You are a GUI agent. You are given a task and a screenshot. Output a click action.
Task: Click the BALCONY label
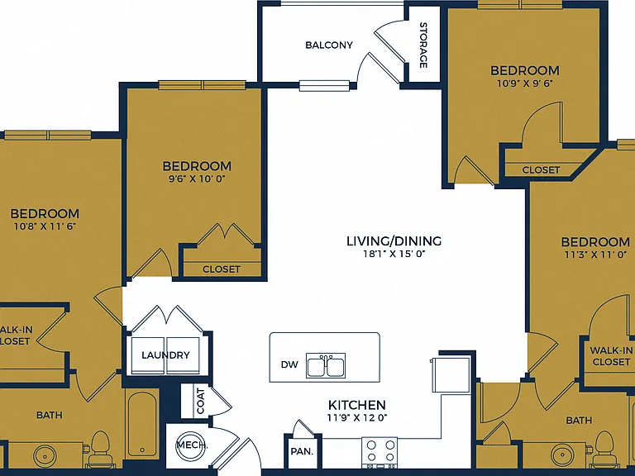(329, 45)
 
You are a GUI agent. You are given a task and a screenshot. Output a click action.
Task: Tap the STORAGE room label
(423, 45)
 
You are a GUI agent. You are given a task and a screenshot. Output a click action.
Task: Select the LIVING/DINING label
(394, 241)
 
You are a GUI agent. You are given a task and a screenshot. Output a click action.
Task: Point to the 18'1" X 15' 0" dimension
(394, 255)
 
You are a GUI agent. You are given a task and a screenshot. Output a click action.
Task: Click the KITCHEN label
(357, 405)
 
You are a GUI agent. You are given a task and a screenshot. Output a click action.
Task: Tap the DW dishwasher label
(289, 364)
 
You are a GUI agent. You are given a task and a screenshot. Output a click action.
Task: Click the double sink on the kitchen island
(326, 366)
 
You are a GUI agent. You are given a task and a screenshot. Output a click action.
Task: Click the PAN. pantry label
(302, 451)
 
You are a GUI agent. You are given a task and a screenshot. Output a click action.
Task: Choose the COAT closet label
(201, 401)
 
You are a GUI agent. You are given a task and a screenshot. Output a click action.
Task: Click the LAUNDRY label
(165, 355)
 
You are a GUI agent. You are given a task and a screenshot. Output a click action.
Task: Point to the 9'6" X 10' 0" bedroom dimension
(197, 178)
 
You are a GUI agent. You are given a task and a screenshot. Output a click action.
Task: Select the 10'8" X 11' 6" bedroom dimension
(45, 226)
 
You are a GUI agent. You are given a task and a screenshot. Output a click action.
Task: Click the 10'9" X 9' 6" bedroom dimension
(525, 83)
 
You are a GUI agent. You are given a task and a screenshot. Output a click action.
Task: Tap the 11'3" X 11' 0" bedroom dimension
(595, 255)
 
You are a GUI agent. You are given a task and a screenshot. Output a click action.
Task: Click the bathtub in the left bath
(141, 424)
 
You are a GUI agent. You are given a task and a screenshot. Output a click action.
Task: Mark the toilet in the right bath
(604, 449)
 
